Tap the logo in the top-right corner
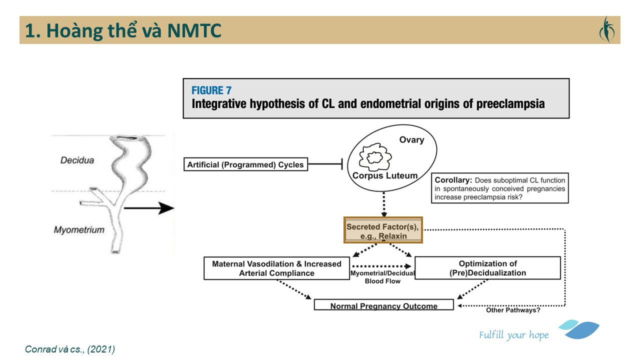pyautogui.click(x=606, y=30)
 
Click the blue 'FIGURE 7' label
pyautogui.click(x=211, y=90)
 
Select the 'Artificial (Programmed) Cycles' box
pyautogui.click(x=245, y=164)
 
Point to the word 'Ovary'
pyautogui.click(x=411, y=140)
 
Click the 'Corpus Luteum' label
pyautogui.click(x=384, y=175)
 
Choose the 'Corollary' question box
pyautogui.click(x=500, y=188)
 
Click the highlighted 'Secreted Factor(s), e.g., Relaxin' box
pyautogui.click(x=383, y=230)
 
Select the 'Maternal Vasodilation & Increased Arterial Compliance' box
pyautogui.click(x=276, y=268)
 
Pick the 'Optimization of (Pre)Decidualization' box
pyautogui.click(x=487, y=268)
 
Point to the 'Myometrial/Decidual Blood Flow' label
pyautogui.click(x=382, y=277)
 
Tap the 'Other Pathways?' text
pyautogui.click(x=513, y=310)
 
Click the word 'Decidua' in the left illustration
pyautogui.click(x=77, y=161)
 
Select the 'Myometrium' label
pyautogui.click(x=79, y=230)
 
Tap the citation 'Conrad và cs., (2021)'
pyautogui.click(x=70, y=349)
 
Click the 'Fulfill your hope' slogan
pyautogui.click(x=513, y=335)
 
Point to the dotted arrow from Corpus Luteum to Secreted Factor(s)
pyautogui.click(x=383, y=205)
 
